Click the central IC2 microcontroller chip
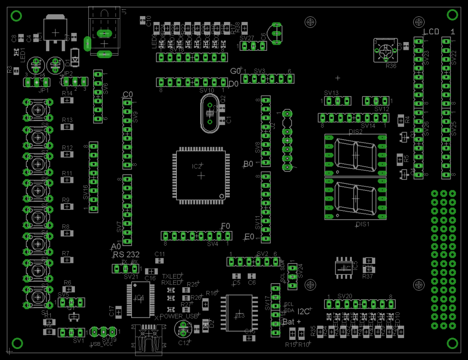coord(201,175)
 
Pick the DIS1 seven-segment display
coord(355,199)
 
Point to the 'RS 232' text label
coord(126,254)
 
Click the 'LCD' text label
coord(431,32)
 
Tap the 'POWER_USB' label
coord(179,316)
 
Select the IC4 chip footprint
coord(139,299)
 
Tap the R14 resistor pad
coord(67,101)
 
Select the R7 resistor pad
coord(67,260)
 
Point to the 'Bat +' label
coord(292,322)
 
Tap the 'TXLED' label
coord(172,276)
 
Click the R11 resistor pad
coord(67,180)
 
